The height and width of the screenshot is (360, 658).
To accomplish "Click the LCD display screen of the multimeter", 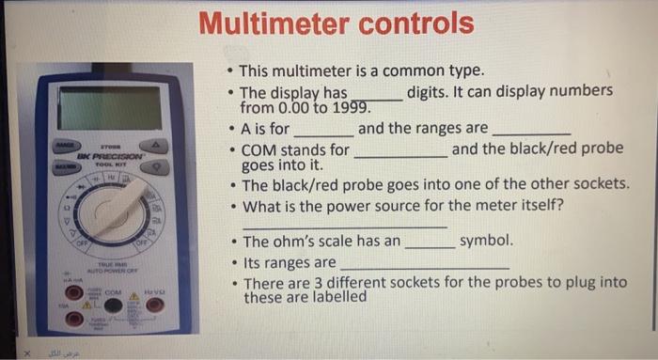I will coord(109,107).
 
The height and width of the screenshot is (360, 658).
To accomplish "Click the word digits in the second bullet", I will coord(431,92).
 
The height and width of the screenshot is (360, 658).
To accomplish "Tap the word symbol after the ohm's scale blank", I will coord(485,242).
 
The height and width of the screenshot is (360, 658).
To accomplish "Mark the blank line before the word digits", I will coord(376,97).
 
